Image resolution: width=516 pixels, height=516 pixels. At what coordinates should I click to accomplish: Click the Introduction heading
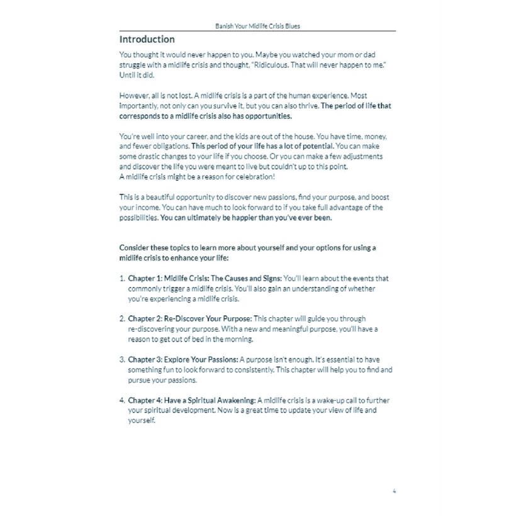147,39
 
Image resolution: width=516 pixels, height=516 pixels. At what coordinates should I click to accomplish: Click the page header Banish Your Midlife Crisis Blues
257,26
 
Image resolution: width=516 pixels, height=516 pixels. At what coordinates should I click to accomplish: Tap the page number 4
394,491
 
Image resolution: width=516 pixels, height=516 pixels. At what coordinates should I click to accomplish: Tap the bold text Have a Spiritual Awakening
210,400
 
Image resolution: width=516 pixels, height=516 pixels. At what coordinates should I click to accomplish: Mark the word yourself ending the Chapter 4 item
141,420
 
